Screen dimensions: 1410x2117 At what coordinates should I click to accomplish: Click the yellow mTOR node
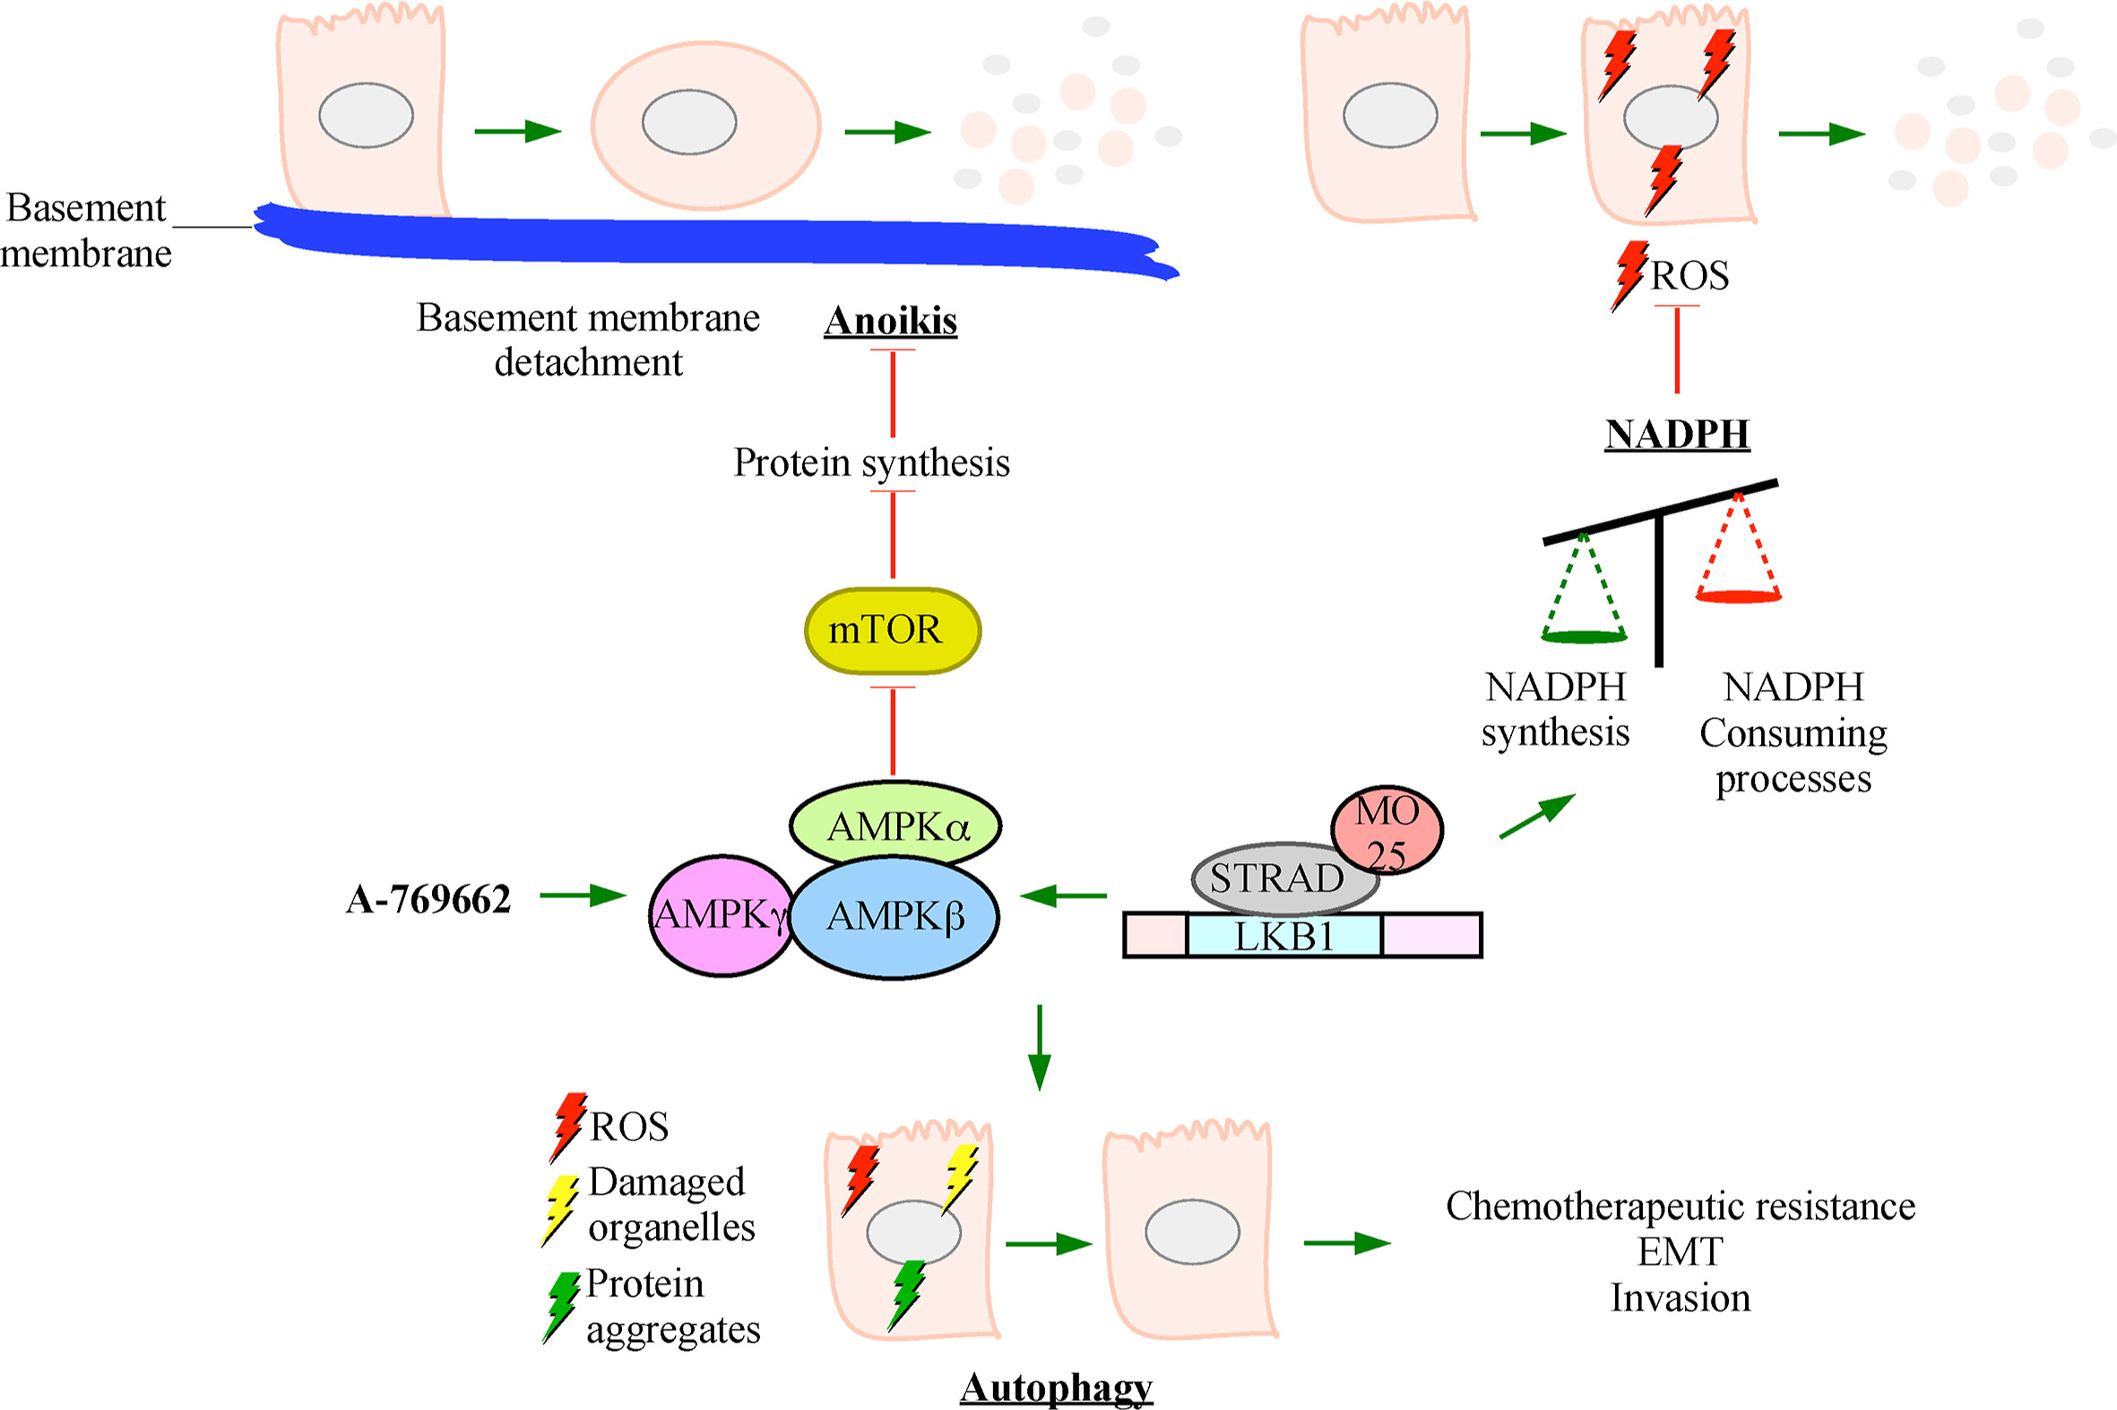tap(892, 630)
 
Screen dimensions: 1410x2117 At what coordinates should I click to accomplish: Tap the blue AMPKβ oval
tap(894, 916)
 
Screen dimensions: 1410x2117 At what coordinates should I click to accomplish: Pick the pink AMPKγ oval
tap(718, 915)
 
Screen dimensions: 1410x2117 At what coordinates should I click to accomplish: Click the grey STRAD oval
tap(1276, 878)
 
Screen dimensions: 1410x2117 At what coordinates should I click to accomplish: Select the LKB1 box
tap(1283, 936)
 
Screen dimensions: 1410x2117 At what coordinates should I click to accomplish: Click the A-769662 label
tap(428, 899)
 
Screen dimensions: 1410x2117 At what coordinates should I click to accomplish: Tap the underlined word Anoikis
tap(890, 321)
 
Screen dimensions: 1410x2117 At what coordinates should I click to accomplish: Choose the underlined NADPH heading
tap(1677, 435)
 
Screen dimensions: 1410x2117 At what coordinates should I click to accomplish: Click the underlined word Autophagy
tap(1056, 1388)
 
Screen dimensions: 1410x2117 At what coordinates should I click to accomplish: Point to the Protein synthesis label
tap(871, 463)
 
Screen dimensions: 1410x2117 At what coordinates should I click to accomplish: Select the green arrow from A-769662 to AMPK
tap(582, 895)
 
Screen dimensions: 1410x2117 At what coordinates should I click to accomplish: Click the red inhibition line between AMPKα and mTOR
tap(893, 731)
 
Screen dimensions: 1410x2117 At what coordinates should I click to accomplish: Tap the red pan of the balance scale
tap(1738, 595)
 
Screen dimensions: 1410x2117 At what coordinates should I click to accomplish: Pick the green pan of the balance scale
tap(1584, 636)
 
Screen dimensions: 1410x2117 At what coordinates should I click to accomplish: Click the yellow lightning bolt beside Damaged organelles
tap(559, 1209)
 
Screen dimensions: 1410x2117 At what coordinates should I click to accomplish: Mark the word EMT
tap(1680, 1251)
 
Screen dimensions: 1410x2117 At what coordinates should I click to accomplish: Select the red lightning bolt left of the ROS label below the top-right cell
tap(1629, 274)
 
